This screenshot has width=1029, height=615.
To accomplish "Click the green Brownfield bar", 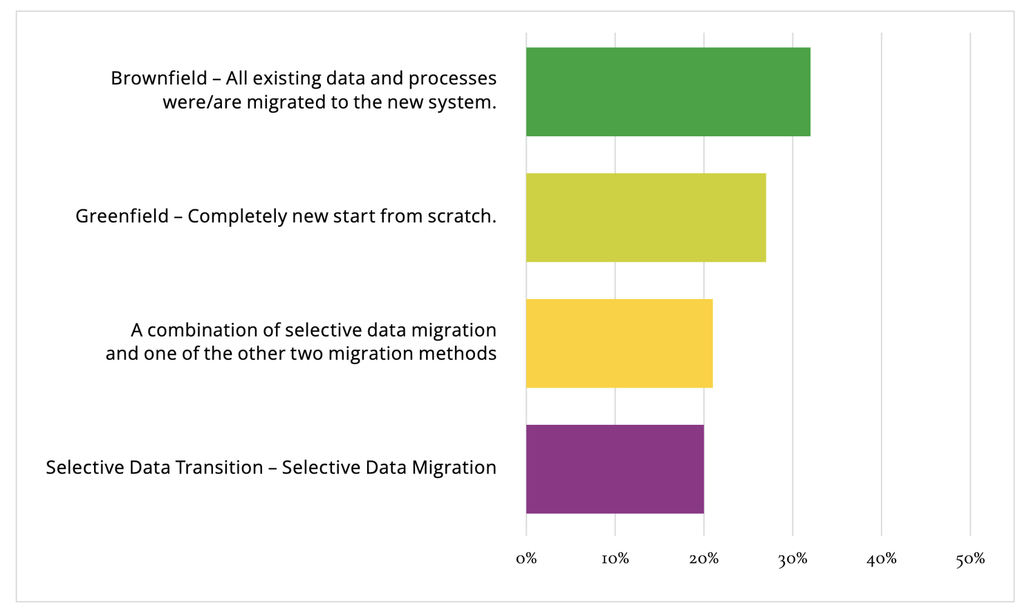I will [x=667, y=92].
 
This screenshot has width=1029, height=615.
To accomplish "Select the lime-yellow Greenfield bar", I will [x=645, y=218].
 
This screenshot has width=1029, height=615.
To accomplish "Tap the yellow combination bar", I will [x=619, y=343].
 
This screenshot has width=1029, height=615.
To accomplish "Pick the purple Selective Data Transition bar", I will [x=615, y=469].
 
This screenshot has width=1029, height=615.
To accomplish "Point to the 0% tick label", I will [x=526, y=559].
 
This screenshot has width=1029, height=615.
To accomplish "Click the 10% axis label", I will [x=615, y=559].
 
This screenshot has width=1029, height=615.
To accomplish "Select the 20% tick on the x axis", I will [x=703, y=559].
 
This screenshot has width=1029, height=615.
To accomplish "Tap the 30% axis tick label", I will [x=792, y=559].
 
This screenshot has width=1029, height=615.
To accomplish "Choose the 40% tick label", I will [x=881, y=559].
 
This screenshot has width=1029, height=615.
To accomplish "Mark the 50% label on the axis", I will [x=970, y=559].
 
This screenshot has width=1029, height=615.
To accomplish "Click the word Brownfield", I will [x=158, y=78].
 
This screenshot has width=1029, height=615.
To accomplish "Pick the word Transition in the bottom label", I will [x=219, y=468].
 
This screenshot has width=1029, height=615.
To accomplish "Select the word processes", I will [x=452, y=79].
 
